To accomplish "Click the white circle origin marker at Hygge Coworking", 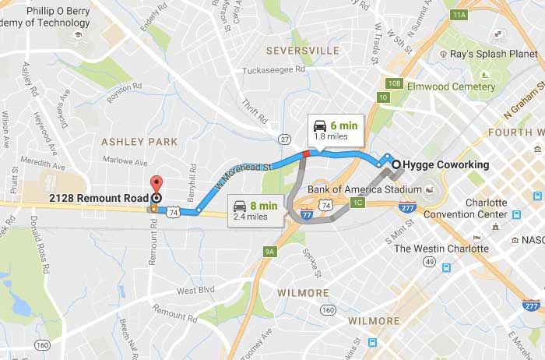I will [396, 164].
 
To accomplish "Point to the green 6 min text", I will [345, 125].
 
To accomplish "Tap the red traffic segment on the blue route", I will [306, 154].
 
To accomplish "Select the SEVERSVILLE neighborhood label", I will [302, 51].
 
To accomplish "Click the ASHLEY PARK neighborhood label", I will [139, 142].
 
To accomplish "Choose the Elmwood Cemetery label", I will [451, 86].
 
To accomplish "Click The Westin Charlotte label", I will [441, 249].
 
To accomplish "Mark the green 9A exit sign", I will [270, 251].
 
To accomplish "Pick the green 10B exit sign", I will [395, 83].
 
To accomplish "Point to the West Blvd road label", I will [195, 291].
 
